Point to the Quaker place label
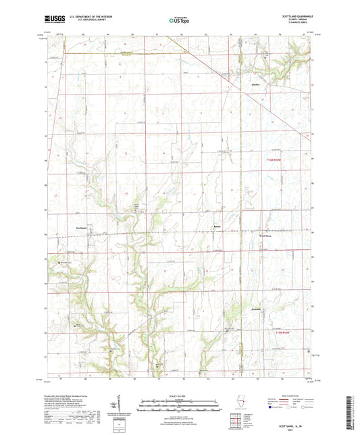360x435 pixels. point(255,84)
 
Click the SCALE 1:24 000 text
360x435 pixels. point(180,396)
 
